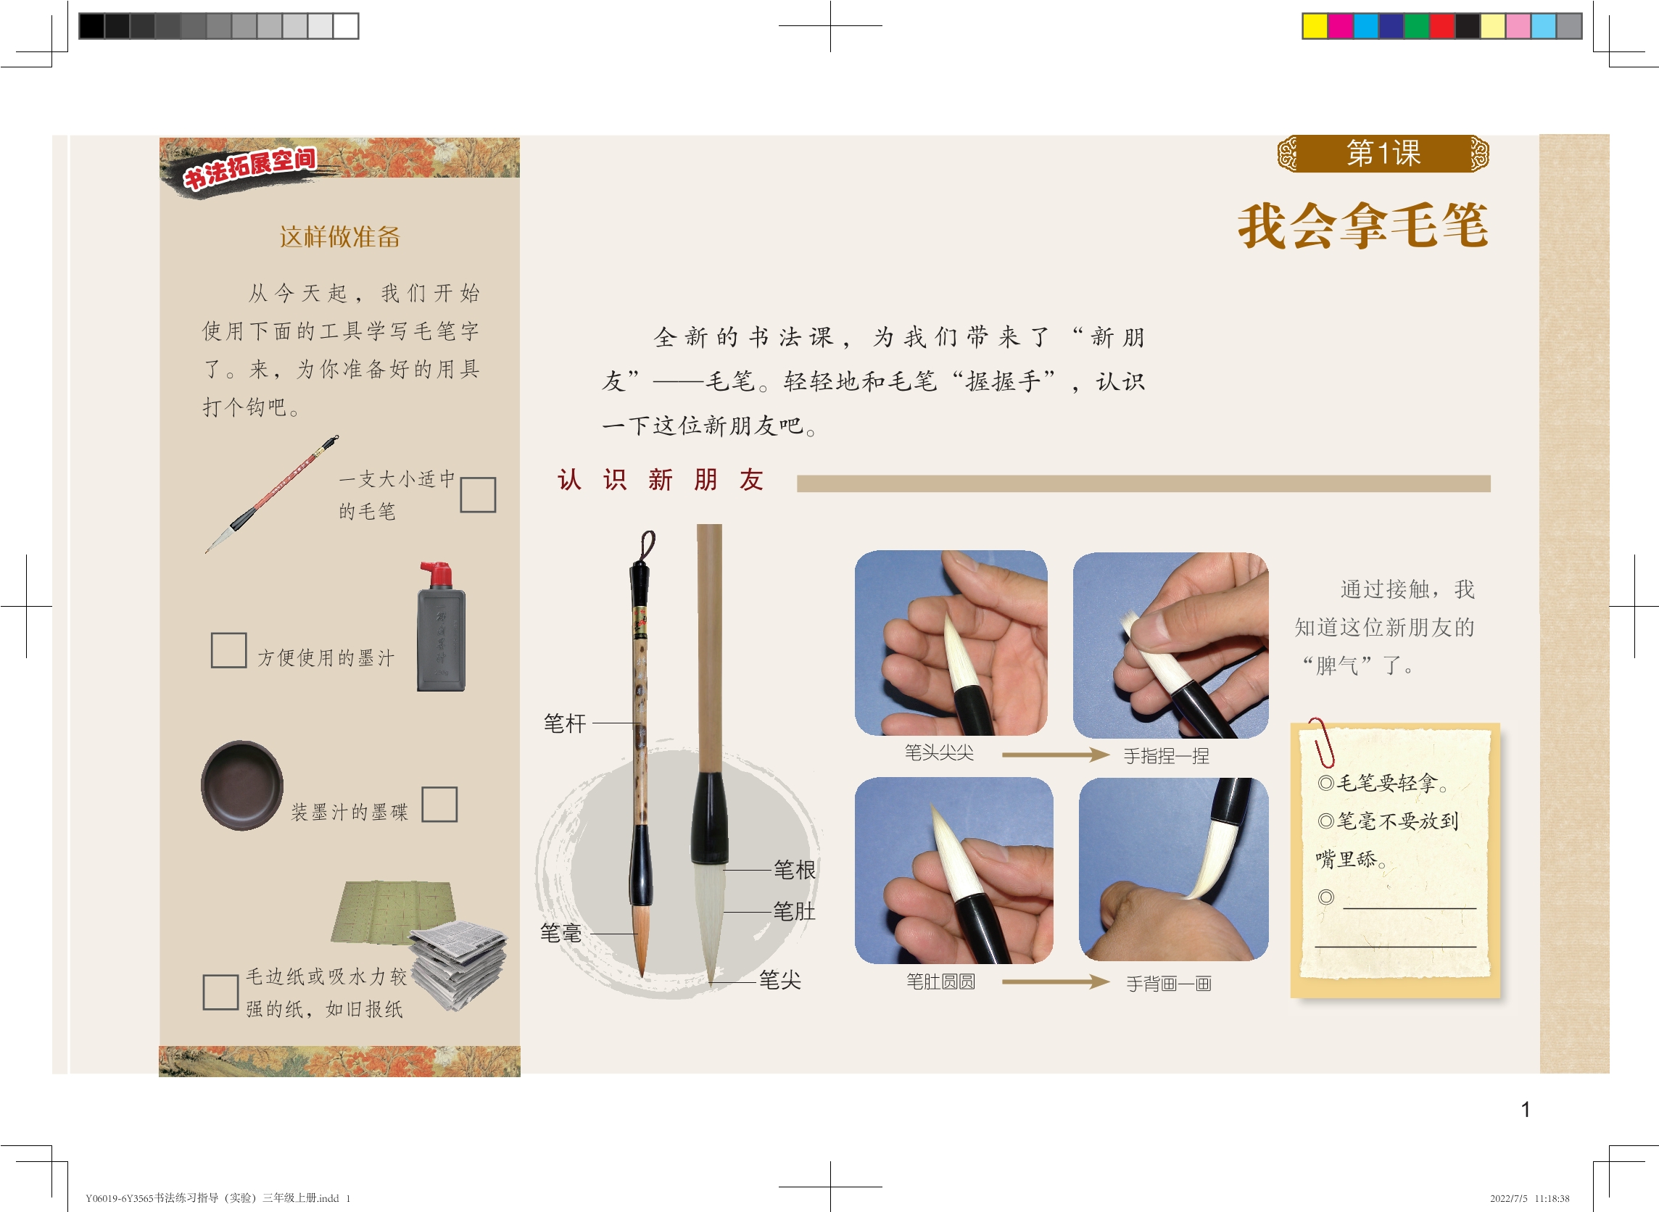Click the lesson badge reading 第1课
point(1383,154)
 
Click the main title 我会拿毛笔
point(1362,226)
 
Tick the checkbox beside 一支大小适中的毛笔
point(478,494)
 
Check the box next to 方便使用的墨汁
point(228,650)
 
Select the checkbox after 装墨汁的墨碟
point(439,804)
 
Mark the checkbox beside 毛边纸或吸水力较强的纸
point(220,992)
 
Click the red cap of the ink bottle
point(437,573)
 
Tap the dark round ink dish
point(242,786)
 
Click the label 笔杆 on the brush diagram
point(565,723)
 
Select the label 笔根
point(795,870)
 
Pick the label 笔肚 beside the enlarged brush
point(795,912)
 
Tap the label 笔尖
point(780,980)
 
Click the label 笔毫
point(561,933)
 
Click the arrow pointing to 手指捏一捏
point(1056,754)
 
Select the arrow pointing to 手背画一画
point(1056,981)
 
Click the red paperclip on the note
point(1322,742)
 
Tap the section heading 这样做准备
point(340,237)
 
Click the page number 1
point(1526,1110)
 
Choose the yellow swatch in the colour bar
point(1315,26)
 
